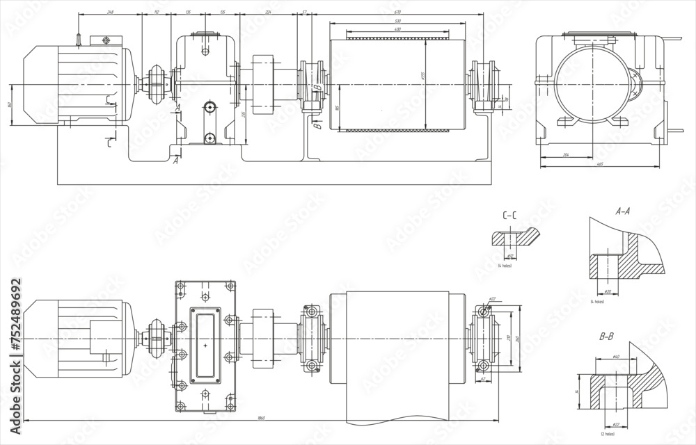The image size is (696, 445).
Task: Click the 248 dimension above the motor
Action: point(111,13)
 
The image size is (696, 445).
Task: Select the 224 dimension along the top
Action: point(269,13)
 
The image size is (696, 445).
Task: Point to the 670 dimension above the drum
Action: point(397,13)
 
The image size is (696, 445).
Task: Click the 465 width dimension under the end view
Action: point(599,165)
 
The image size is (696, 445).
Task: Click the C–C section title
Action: point(509,216)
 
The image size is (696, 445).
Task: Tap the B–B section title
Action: point(606,337)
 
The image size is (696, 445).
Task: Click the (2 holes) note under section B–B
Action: point(610,432)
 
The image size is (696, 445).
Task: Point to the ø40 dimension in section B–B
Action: point(615,357)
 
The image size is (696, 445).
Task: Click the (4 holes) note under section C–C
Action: point(505,266)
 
